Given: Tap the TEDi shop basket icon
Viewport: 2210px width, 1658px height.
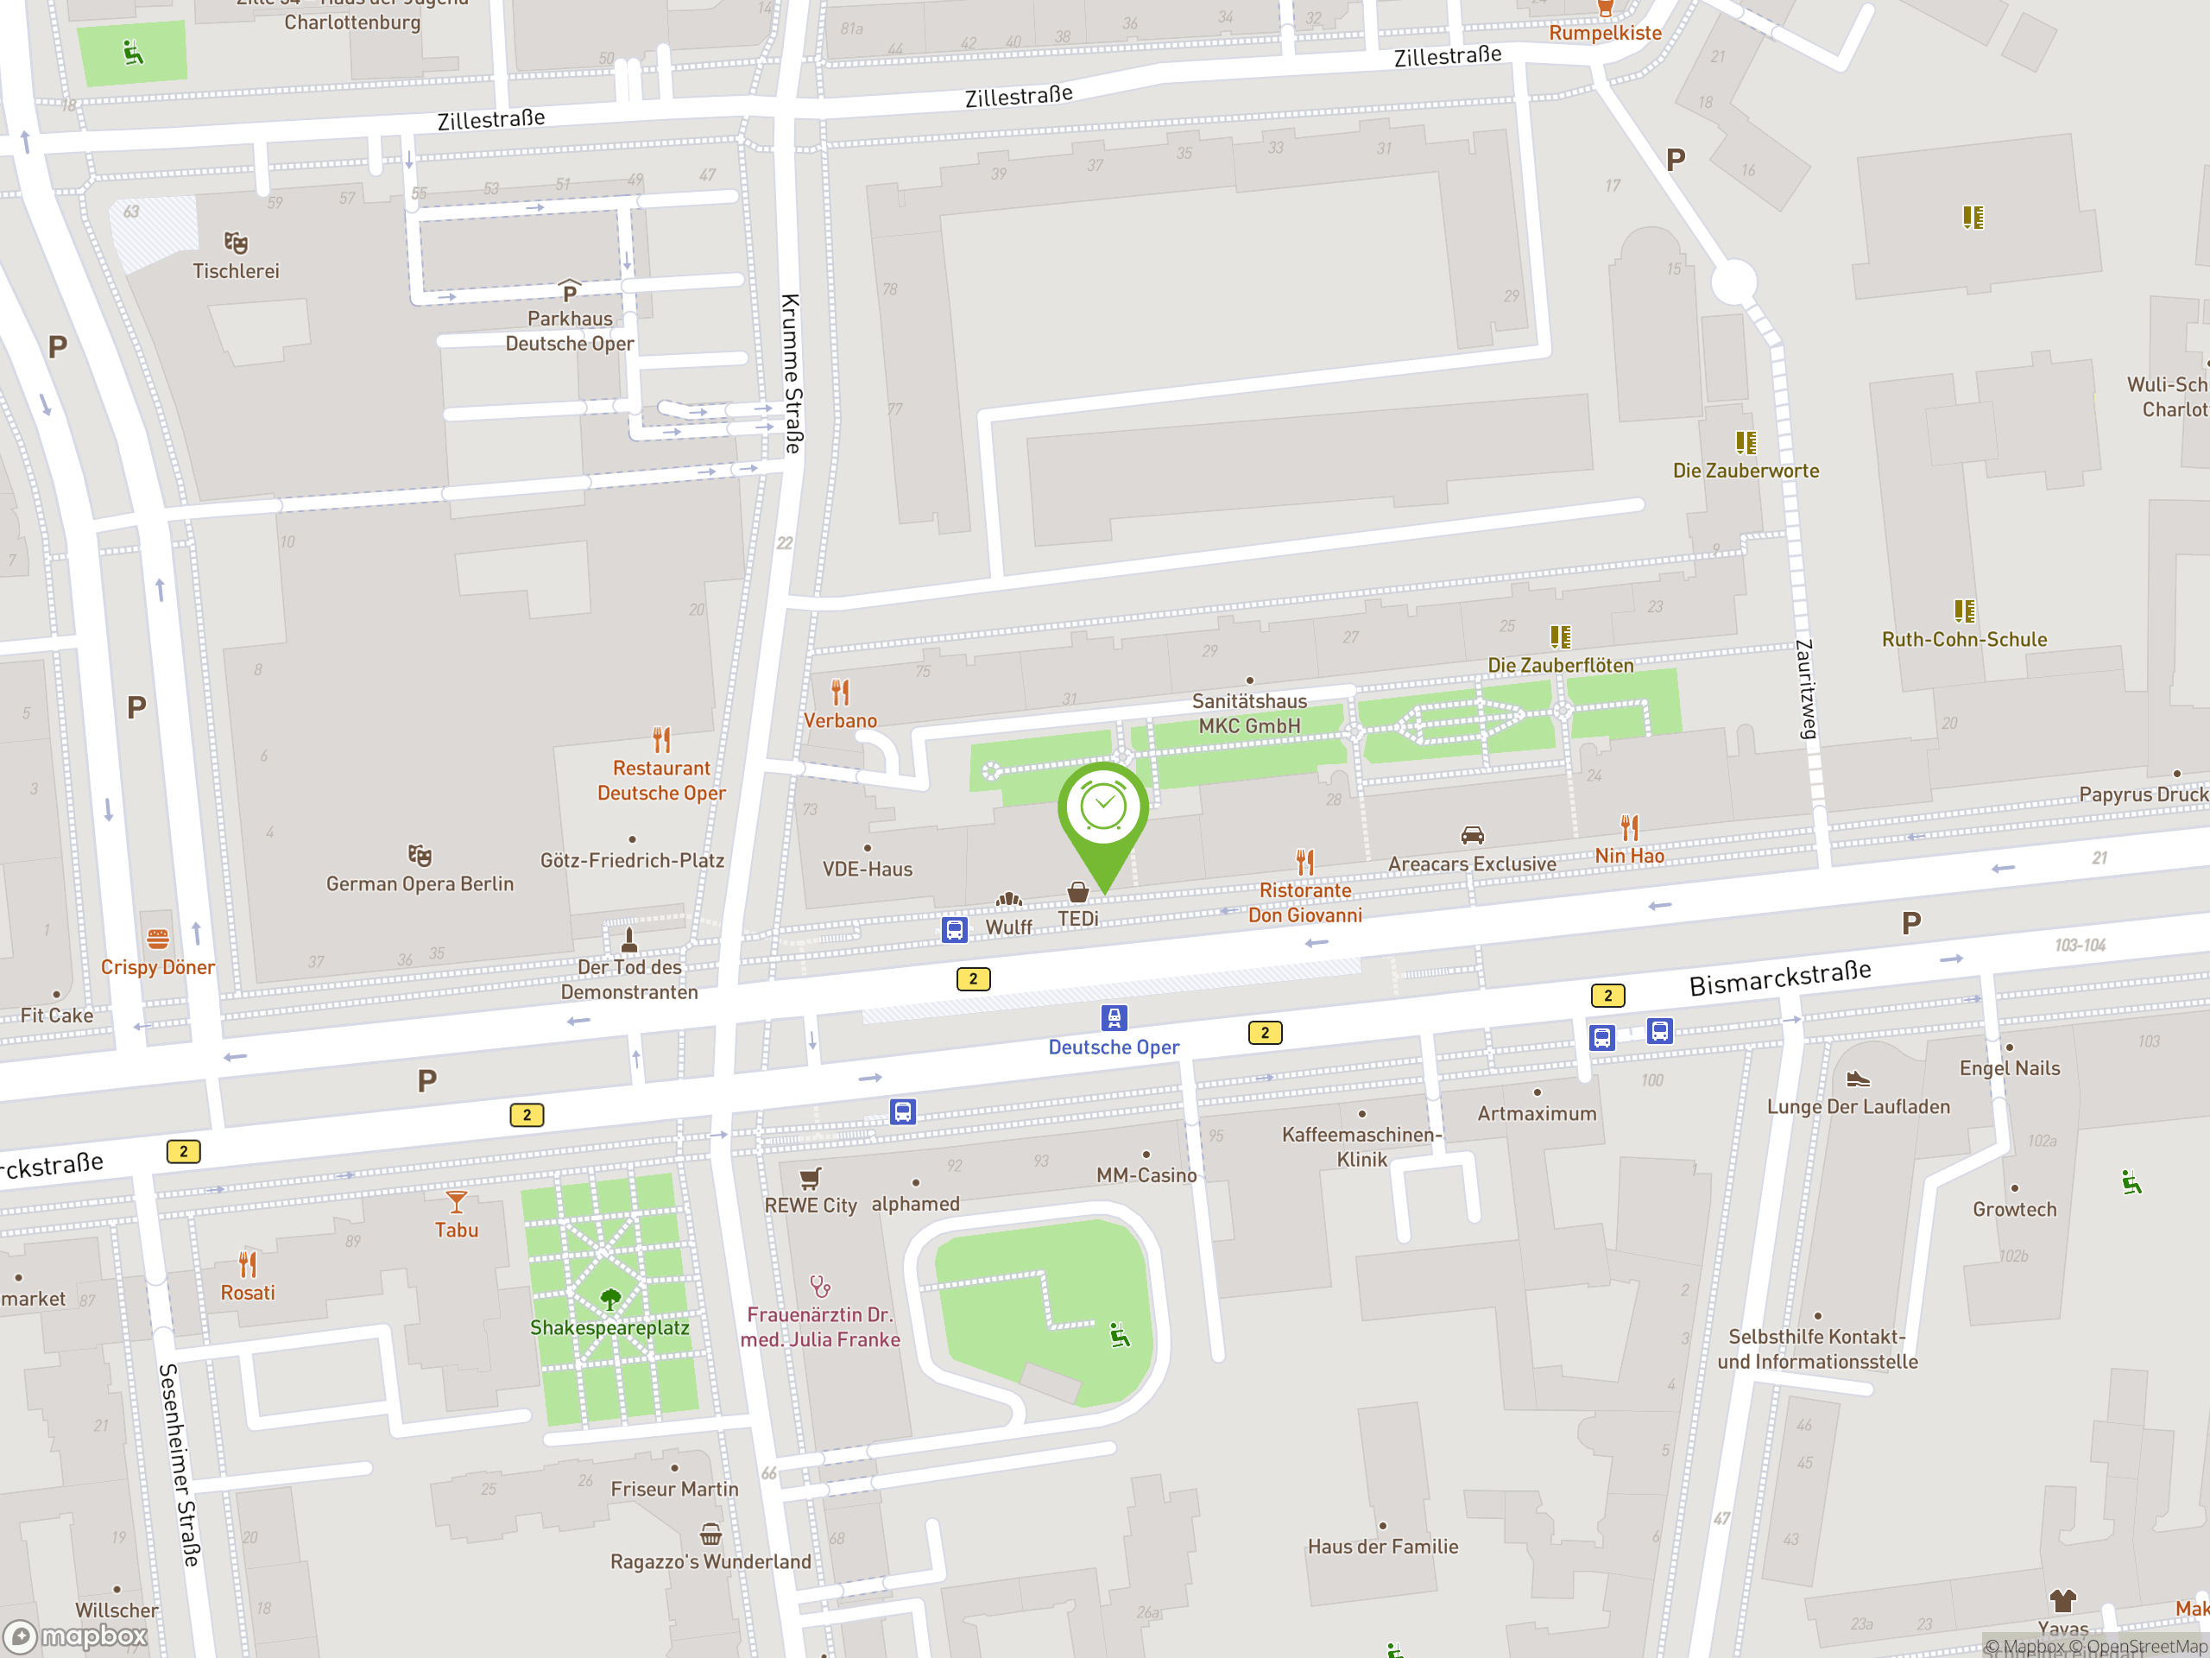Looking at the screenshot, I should [1078, 891].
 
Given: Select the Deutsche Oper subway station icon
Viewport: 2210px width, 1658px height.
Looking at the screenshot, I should [1114, 1017].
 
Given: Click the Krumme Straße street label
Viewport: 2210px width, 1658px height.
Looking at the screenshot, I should [792, 374].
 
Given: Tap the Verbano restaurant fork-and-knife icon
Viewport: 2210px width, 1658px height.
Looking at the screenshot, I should [840, 692].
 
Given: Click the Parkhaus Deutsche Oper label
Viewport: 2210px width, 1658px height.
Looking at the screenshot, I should [570, 331].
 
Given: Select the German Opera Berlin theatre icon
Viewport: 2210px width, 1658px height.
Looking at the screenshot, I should [420, 856].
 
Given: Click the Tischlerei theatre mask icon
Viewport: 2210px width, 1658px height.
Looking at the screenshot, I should [236, 243].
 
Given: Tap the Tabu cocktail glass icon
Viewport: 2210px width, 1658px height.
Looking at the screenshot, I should [457, 1201].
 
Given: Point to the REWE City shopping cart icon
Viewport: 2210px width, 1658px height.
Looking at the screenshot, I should [811, 1177].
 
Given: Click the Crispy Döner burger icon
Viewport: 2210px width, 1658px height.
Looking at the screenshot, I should [158, 939].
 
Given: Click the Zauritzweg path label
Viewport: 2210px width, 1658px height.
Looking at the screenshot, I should [1805, 690].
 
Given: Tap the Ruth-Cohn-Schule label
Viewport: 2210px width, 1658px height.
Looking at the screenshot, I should [1964, 640].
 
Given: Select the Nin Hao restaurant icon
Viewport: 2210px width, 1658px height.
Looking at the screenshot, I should [1630, 827].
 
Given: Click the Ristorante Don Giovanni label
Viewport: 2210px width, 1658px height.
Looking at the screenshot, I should [1304, 902].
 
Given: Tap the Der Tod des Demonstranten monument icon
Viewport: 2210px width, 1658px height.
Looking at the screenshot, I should [628, 940].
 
